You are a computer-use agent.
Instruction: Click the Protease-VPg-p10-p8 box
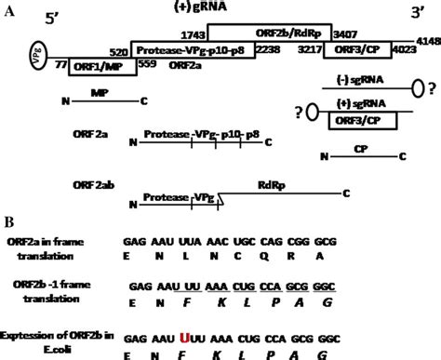(x=190, y=48)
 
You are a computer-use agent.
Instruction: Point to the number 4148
(x=428, y=42)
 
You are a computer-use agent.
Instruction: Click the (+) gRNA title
(x=199, y=7)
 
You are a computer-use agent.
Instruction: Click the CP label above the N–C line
(x=359, y=146)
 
